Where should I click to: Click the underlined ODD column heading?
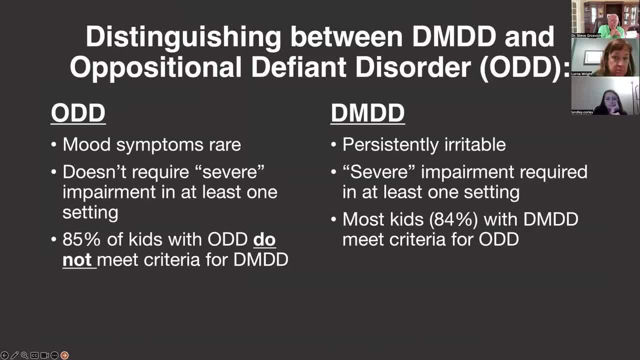[x=78, y=113]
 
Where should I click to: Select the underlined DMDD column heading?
[x=367, y=113]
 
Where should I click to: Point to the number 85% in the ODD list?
[x=81, y=239]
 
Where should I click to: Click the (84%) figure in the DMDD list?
[x=453, y=219]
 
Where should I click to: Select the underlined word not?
[x=77, y=259]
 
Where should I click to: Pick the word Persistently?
[x=390, y=145]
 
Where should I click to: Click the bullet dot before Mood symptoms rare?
[x=53, y=144]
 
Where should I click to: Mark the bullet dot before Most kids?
[x=333, y=219]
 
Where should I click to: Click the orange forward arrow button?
[x=64, y=355]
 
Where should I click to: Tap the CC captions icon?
[x=34, y=355]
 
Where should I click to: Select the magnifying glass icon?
[x=24, y=355]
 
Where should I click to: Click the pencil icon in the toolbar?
[x=14, y=355]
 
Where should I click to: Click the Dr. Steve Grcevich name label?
[x=586, y=35]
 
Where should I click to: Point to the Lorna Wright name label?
[x=581, y=73]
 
